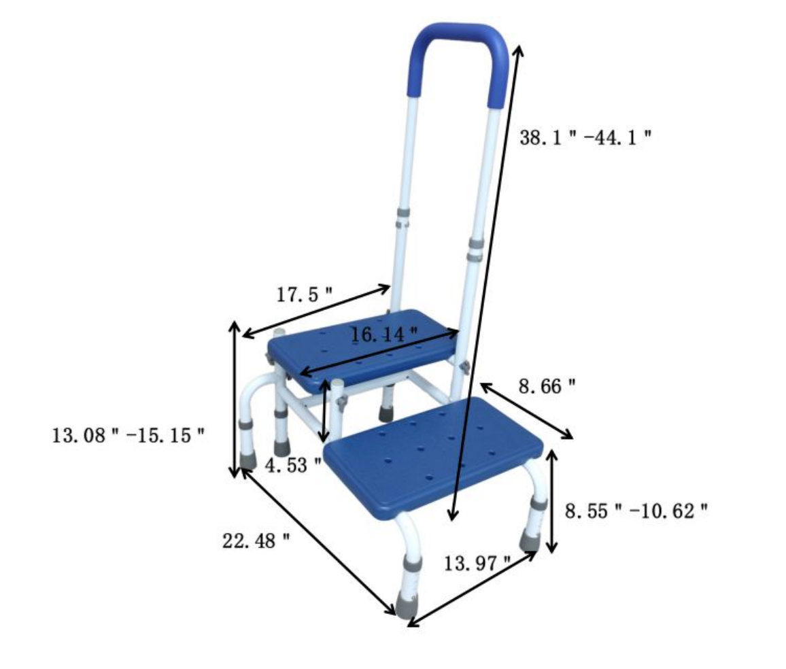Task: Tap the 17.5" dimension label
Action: click(x=304, y=295)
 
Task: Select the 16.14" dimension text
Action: click(x=383, y=334)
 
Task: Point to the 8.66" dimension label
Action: click(x=547, y=387)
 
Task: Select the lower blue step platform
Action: click(x=434, y=456)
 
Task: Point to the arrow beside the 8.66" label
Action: click(x=527, y=411)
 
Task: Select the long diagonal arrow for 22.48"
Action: click(x=317, y=542)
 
